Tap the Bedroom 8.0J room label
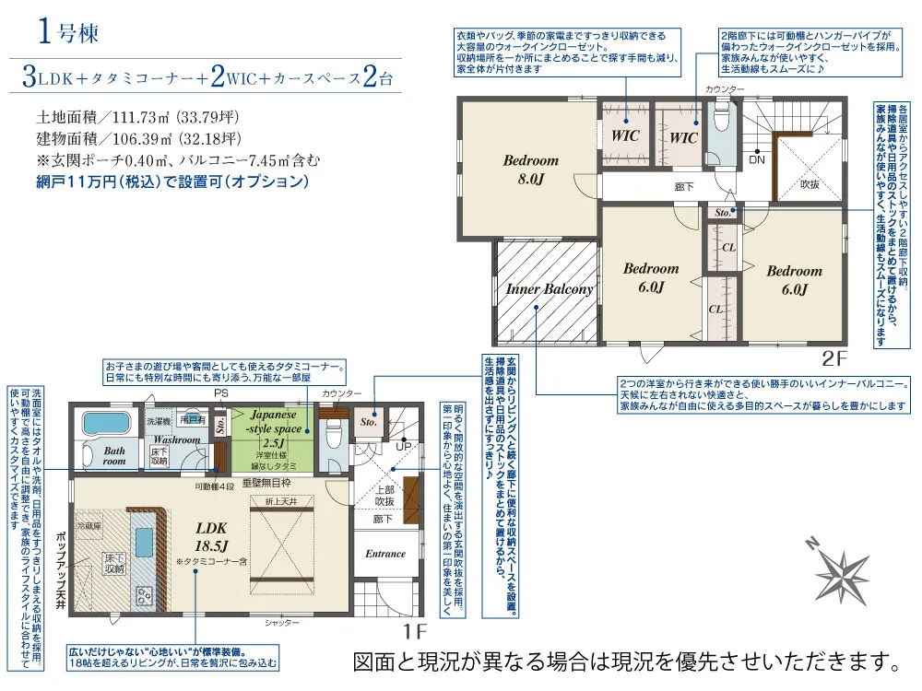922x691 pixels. click(x=530, y=170)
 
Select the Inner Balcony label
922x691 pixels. click(x=549, y=288)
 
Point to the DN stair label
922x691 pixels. click(x=756, y=159)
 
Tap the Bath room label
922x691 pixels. click(x=114, y=455)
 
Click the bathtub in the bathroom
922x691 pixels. click(x=108, y=425)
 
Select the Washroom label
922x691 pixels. click(x=177, y=439)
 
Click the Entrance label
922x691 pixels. click(x=385, y=554)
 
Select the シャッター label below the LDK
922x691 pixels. click(x=282, y=624)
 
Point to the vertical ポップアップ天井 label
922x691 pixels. click(x=61, y=571)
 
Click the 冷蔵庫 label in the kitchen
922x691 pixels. click(x=89, y=526)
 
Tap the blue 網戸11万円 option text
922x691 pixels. click(x=171, y=182)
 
